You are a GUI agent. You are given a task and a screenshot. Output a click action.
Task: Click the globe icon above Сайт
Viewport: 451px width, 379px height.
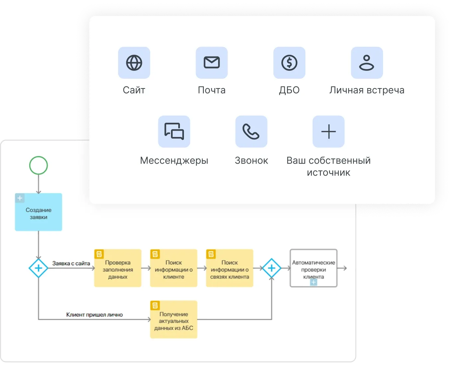(134, 63)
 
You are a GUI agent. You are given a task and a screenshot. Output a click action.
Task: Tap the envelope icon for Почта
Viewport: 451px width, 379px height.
(212, 63)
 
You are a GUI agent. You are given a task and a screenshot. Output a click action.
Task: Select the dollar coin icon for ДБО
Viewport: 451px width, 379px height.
(289, 63)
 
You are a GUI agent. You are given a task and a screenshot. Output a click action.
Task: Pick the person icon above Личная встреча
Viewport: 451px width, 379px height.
(367, 63)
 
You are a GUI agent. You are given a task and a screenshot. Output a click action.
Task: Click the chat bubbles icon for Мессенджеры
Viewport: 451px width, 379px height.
(174, 131)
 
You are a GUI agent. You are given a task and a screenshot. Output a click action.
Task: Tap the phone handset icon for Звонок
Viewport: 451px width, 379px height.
(251, 131)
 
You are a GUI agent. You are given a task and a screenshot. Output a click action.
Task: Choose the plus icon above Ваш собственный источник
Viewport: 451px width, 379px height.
(329, 131)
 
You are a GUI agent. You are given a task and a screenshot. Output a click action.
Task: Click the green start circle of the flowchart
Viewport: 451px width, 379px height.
(39, 165)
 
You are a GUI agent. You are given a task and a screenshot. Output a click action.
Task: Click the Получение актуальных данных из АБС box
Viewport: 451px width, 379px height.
(174, 320)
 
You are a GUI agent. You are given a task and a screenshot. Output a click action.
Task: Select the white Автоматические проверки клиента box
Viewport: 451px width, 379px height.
(313, 268)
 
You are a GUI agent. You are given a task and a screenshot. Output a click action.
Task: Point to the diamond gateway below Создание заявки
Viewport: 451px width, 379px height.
(39, 268)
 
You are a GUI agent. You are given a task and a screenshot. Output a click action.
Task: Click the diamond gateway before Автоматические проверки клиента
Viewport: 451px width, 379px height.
(272, 268)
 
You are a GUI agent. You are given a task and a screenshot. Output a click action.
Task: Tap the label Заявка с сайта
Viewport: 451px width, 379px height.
(71, 263)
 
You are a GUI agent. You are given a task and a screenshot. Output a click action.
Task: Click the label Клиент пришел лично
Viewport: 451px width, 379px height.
(94, 315)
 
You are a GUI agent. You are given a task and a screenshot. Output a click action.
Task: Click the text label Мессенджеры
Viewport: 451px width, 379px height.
(174, 161)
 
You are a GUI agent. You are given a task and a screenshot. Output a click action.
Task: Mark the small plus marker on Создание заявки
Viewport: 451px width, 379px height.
(20, 198)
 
